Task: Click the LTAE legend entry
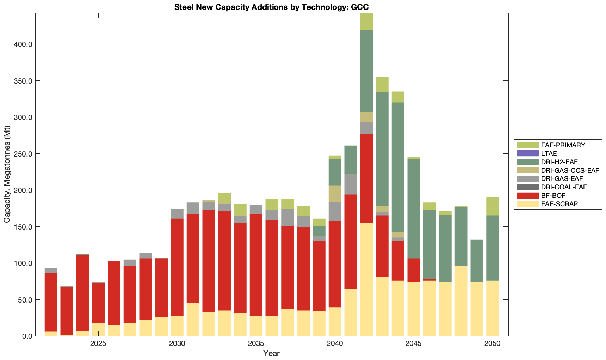coord(549,153)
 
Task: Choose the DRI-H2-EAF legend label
coord(559,162)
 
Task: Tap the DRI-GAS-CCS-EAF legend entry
coord(570,170)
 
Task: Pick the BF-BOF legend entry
coord(553,195)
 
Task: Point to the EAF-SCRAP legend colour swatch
coord(528,204)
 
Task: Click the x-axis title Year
coord(271,353)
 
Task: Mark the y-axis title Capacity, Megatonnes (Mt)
coord(7,175)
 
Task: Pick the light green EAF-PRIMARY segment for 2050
coord(493,206)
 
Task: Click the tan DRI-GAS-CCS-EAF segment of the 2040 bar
coord(335,194)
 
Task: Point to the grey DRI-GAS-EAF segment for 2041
coord(351,184)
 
